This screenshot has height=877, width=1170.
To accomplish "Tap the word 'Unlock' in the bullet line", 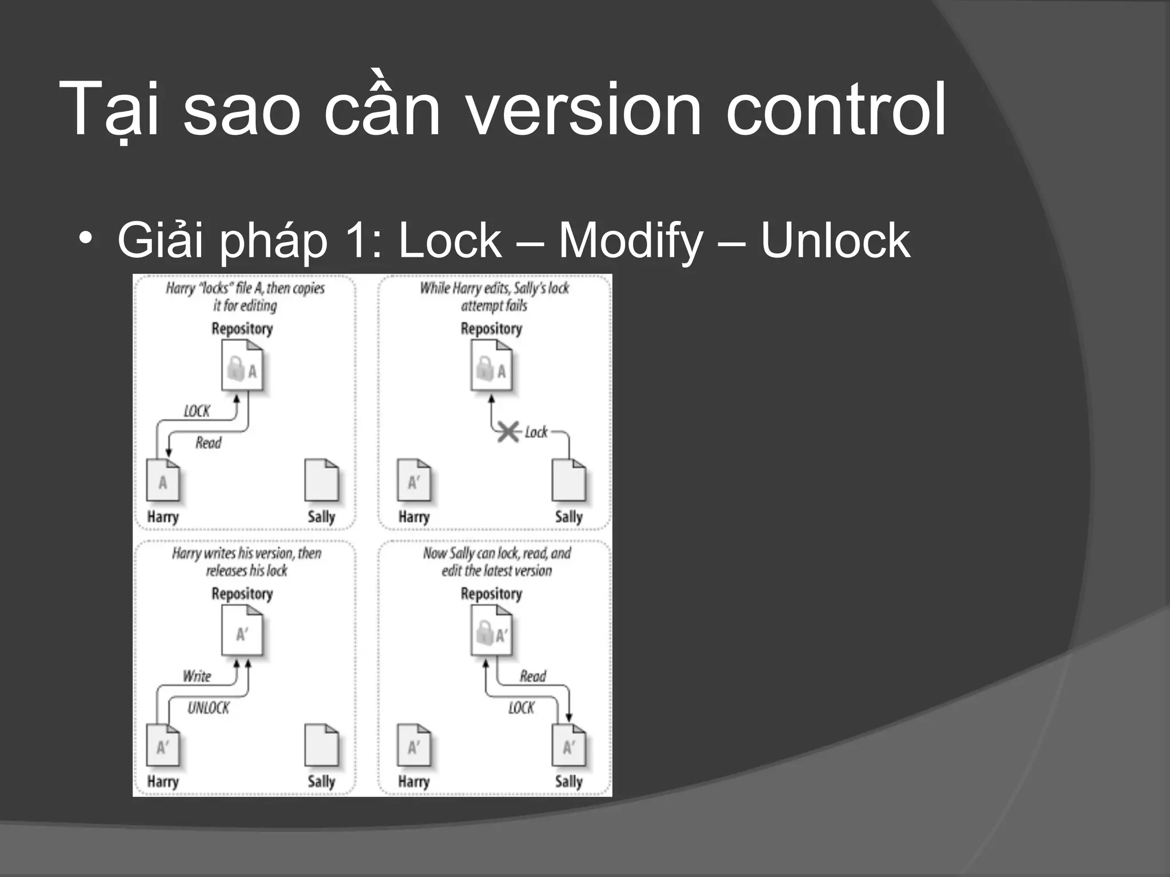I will tap(835, 240).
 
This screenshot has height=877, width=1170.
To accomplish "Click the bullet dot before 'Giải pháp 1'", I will tap(86, 238).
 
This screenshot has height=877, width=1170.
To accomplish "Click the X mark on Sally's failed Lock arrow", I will tap(508, 432).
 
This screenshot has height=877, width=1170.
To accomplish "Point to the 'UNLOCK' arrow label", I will tap(208, 708).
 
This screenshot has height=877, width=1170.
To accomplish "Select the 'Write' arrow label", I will tap(197, 677).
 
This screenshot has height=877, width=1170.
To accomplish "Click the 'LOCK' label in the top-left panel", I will tap(197, 411).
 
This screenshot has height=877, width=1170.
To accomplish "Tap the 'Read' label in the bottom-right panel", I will tap(532, 677).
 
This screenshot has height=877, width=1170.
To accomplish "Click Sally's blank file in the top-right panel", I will tap(568, 480).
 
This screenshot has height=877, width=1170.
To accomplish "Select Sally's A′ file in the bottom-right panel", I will tap(568, 745).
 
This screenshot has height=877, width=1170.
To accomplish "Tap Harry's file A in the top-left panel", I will tap(163, 480).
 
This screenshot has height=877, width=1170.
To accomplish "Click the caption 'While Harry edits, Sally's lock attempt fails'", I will tap(494, 296).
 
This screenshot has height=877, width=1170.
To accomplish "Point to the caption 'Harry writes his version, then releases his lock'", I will tap(246, 561).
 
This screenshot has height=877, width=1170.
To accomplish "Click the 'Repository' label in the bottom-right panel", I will tap(491, 594).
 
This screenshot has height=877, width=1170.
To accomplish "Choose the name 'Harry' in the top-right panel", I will tap(414, 517).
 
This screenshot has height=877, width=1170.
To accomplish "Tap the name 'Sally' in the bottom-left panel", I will tap(321, 782).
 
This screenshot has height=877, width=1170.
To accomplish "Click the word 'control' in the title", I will tap(835, 110).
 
